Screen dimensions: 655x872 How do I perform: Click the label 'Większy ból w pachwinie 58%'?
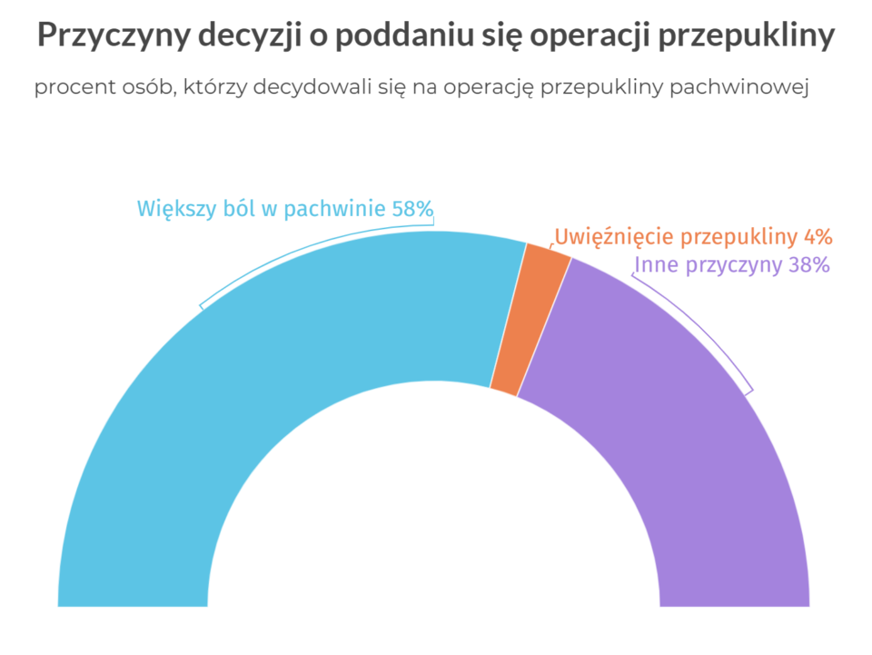point(285,209)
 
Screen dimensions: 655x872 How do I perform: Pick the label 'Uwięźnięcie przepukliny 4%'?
point(693,237)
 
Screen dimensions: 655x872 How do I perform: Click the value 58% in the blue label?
point(412,209)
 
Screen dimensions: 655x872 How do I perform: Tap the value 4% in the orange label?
point(817,237)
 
